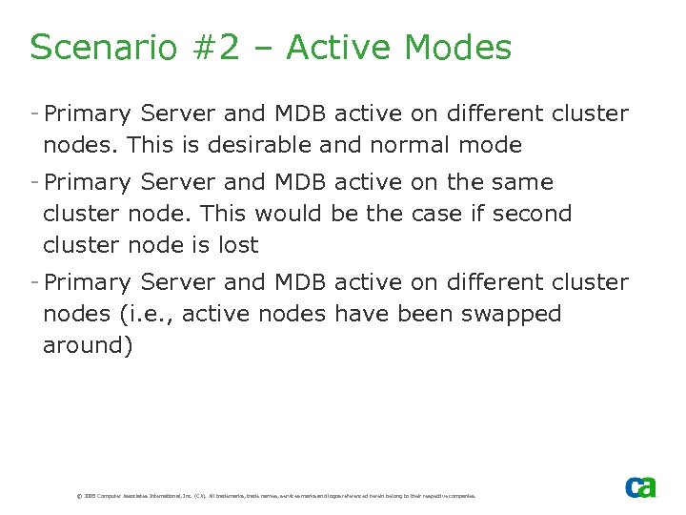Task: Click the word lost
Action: (x=238, y=245)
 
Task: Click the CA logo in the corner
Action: (x=640, y=486)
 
